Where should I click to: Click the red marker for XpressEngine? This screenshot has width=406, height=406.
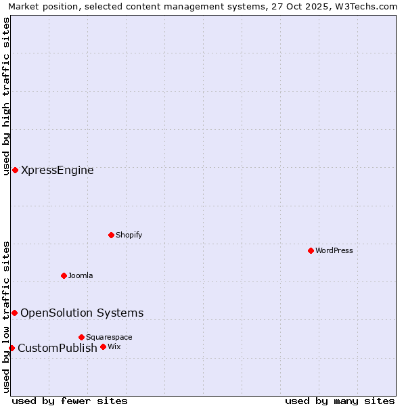pyautogui.click(x=15, y=170)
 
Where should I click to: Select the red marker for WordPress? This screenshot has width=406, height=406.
pyautogui.click(x=311, y=250)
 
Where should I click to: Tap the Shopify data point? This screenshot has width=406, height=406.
pyautogui.click(x=111, y=235)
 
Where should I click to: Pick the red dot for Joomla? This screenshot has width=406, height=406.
pyautogui.click(x=64, y=275)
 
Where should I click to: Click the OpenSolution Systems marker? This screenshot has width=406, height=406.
pyautogui.click(x=14, y=313)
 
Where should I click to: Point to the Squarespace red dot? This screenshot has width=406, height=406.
pyautogui.click(x=81, y=337)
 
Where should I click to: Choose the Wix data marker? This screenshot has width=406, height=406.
pyautogui.click(x=103, y=346)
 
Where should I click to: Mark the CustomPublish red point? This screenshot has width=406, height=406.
pyautogui.click(x=12, y=348)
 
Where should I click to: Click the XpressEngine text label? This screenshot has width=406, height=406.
pyautogui.click(x=58, y=171)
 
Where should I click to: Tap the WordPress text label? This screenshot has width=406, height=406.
pyautogui.click(x=334, y=250)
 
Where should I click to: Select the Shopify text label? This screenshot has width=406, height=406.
pyautogui.click(x=129, y=235)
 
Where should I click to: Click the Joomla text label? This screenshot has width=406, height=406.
pyautogui.click(x=81, y=275)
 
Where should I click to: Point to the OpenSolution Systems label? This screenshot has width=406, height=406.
pyautogui.click(x=82, y=313)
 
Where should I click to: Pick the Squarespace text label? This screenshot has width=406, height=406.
pyautogui.click(x=109, y=337)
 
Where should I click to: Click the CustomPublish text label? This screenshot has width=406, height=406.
pyautogui.click(x=58, y=348)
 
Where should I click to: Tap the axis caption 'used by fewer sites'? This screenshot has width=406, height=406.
pyautogui.click(x=70, y=401)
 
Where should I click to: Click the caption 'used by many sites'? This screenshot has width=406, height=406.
pyautogui.click(x=340, y=401)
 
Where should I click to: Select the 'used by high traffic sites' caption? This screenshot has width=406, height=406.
pyautogui.click(x=6, y=96)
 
